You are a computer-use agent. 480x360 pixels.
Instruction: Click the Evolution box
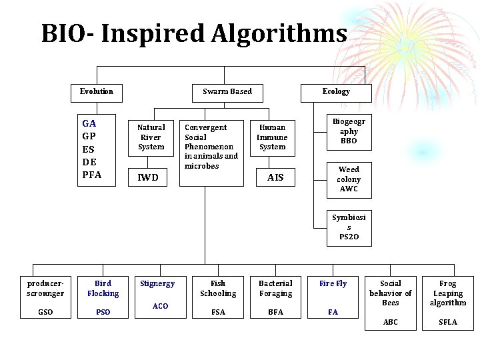[x=97, y=91]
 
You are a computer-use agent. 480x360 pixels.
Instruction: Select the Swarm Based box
[x=227, y=91]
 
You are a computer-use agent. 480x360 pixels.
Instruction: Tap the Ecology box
[x=335, y=91]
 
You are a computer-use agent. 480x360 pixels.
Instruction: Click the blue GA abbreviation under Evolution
[x=89, y=123]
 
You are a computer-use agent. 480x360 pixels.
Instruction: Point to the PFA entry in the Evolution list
[x=92, y=175]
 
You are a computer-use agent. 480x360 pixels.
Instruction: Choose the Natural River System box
[x=151, y=137]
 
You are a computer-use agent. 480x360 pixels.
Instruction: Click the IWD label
[x=148, y=177]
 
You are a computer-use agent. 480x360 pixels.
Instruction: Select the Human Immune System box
[x=272, y=137]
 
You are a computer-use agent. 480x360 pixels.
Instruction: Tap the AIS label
[x=275, y=177]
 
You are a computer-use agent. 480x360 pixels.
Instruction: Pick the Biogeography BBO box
[x=349, y=131]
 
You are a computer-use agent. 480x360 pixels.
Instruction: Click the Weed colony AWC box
[x=349, y=179]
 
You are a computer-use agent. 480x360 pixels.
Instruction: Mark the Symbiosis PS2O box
[x=349, y=227]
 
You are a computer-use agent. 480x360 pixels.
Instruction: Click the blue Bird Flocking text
[x=103, y=288]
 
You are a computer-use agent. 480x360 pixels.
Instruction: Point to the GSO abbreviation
[x=45, y=312]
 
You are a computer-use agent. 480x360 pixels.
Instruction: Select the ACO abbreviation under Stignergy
[x=160, y=306]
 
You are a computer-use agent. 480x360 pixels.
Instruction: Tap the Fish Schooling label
[x=218, y=288]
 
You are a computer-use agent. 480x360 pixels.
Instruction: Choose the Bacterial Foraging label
[x=275, y=288]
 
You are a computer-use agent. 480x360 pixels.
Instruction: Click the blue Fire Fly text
[x=333, y=283]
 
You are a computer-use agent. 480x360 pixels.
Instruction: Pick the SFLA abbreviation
[x=448, y=322]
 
